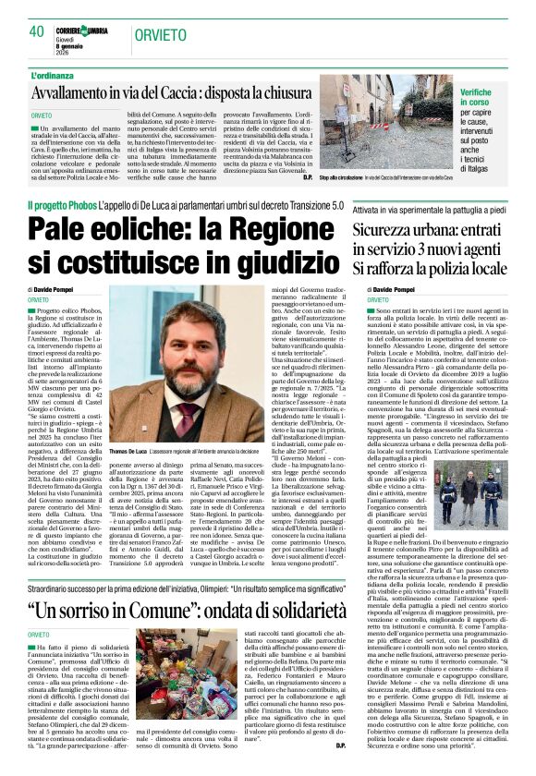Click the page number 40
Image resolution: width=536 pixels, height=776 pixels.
pyautogui.click(x=37, y=31)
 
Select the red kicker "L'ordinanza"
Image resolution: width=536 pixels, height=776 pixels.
pyautogui.click(x=56, y=75)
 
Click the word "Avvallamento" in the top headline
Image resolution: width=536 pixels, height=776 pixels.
pyautogui.click(x=81, y=93)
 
